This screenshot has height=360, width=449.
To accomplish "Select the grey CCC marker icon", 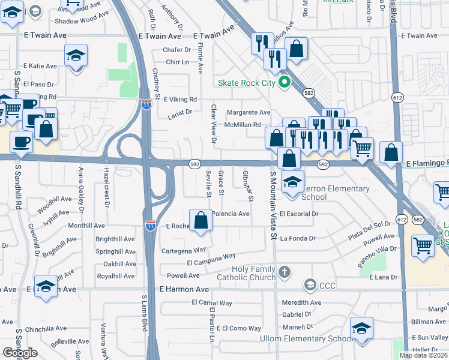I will (310, 284).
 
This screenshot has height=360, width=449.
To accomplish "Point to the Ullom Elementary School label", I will (306, 338).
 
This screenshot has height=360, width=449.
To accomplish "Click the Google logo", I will (20, 353).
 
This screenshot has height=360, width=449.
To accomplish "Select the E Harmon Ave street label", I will (184, 289).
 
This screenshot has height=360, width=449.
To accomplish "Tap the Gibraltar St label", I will (248, 185).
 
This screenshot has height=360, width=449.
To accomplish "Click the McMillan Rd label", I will (242, 125).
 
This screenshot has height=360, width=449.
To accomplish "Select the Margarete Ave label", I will (248, 112).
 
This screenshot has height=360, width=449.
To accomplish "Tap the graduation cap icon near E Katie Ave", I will (76, 57).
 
